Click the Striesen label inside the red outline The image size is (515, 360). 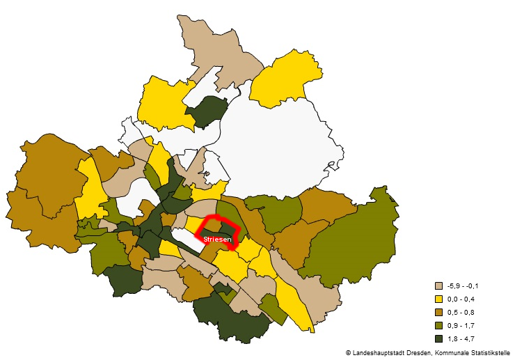coord(218,240)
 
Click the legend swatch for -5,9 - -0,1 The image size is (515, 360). coord(438,285)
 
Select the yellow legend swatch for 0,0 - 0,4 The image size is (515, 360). coord(438,299)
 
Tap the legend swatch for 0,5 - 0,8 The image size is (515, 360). coord(438,312)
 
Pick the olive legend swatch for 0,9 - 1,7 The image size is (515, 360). coord(438,325)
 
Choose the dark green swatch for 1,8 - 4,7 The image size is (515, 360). coord(438,338)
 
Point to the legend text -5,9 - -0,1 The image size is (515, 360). coord(463,285)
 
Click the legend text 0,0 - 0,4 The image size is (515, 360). coord(461,299)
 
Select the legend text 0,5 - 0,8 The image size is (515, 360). coord(461,312)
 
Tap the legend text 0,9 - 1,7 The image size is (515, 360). coord(461,325)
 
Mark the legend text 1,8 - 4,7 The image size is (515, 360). coord(461,338)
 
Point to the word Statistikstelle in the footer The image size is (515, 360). coord(494,353)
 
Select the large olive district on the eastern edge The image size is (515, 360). coord(348,244)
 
